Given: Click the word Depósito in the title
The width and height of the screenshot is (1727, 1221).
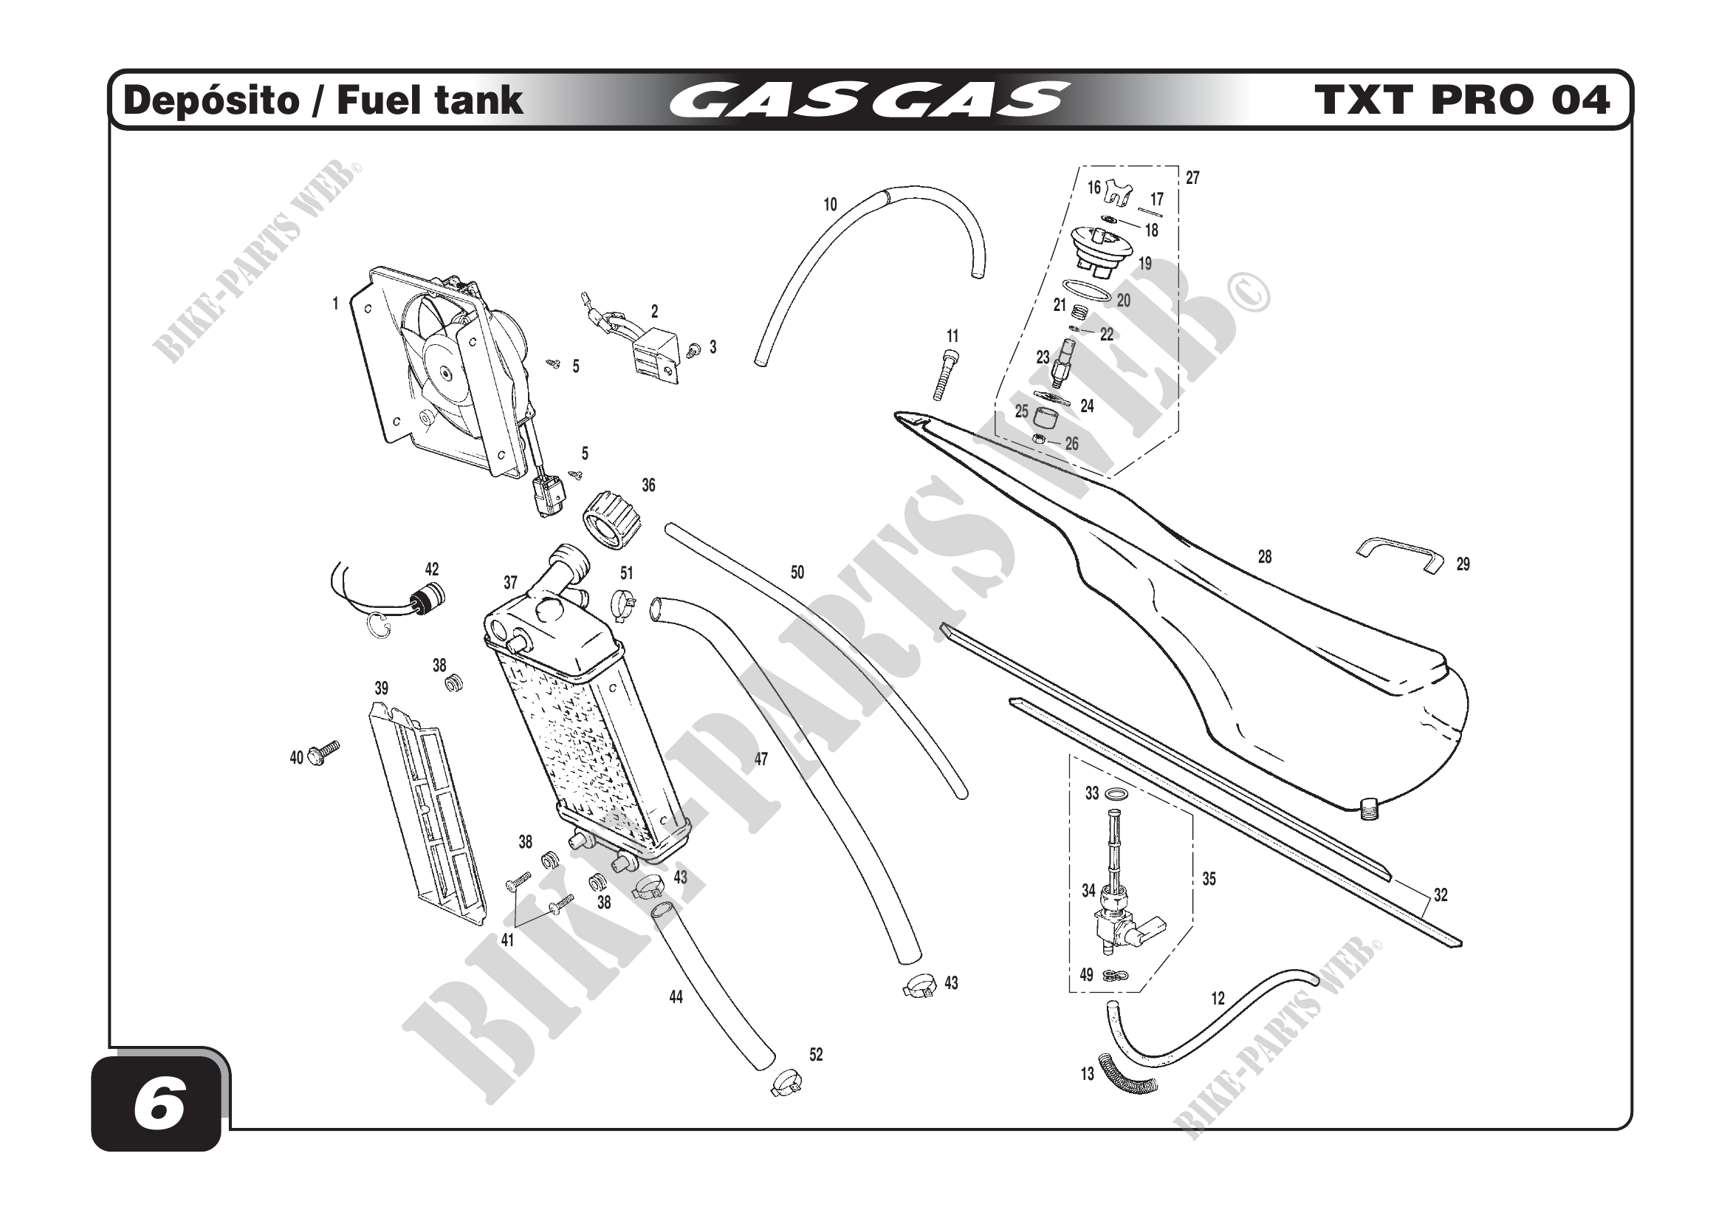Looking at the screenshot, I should pyautogui.click(x=210, y=100).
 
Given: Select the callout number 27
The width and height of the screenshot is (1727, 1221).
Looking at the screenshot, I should pyautogui.click(x=1192, y=177).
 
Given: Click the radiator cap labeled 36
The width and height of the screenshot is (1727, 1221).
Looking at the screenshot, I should pyautogui.click(x=612, y=520).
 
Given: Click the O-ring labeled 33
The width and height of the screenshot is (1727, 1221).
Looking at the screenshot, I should pyautogui.click(x=1119, y=795).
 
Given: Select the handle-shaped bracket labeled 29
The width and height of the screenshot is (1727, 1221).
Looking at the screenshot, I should pyautogui.click(x=1400, y=555).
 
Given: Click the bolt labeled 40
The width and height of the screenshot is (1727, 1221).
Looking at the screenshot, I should pyautogui.click(x=327, y=750).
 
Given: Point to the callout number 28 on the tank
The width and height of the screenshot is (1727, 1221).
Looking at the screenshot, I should pyautogui.click(x=1264, y=557).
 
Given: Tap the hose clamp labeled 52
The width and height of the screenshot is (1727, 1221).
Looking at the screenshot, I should pyautogui.click(x=786, y=1084).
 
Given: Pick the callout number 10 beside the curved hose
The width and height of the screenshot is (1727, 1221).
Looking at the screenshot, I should pyautogui.click(x=830, y=205).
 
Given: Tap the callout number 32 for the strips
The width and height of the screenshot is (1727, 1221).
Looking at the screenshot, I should pyautogui.click(x=1440, y=895).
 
